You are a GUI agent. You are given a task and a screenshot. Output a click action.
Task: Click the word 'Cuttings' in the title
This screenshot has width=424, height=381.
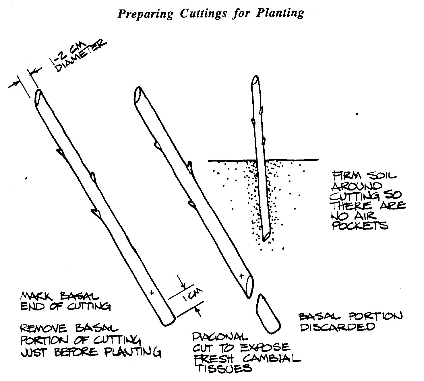click(203, 14)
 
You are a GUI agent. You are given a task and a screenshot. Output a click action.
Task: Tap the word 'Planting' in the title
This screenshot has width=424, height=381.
click(280, 13)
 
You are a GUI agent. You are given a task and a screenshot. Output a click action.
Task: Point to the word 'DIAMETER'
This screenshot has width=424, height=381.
click(81, 56)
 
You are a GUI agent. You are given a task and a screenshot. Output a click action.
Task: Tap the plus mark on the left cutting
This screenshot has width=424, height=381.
click(151, 293)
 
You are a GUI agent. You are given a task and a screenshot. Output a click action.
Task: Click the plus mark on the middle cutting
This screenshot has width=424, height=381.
click(242, 275)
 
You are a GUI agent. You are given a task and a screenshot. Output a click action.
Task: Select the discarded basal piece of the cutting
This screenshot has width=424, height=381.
click(268, 314)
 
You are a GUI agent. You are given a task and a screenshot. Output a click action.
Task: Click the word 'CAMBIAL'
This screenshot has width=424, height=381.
click(272, 359)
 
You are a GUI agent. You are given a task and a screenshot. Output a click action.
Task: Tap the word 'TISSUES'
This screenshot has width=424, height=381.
click(224, 369)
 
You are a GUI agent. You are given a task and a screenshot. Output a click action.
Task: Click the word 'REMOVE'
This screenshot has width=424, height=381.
click(43, 328)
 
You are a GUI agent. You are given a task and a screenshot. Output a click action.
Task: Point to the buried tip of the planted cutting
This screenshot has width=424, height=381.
click(264, 241)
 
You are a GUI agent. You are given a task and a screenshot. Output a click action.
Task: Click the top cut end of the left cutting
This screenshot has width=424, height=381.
click(38, 97)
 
